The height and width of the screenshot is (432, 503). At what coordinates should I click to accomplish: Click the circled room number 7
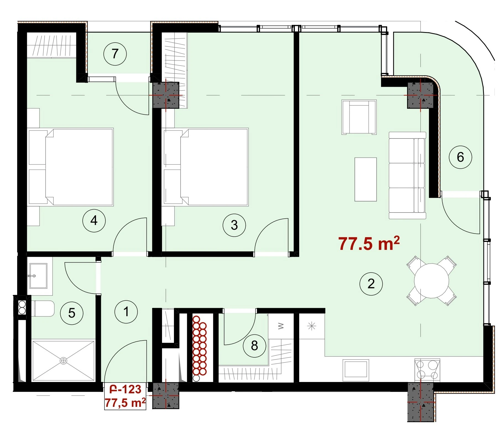tap(115, 54)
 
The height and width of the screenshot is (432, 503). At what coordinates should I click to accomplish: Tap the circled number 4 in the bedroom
tap(94, 221)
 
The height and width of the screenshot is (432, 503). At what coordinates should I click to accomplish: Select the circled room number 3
tap(234, 225)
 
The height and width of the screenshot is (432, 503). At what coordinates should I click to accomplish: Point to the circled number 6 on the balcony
tap(460, 157)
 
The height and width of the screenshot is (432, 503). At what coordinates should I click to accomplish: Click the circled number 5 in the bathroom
tap(72, 313)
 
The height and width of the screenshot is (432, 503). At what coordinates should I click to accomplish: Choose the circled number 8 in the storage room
tap(254, 345)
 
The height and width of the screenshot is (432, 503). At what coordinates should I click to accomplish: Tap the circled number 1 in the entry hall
tap(126, 312)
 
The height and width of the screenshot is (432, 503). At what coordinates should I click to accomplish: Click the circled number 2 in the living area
tap(371, 284)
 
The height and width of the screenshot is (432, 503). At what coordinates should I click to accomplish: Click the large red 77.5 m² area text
tap(369, 244)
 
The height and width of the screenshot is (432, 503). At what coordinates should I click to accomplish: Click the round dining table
tap(431, 281)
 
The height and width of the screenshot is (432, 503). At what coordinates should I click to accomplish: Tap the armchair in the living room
tap(359, 117)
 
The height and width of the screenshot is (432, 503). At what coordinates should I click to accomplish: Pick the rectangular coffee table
tap(366, 179)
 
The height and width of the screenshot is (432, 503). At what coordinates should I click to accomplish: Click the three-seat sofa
tap(407, 176)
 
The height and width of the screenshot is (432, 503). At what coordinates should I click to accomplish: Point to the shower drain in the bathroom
tap(64, 360)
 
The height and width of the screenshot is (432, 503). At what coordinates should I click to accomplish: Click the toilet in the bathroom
tap(44, 308)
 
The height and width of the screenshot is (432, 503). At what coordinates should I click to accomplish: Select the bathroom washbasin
tap(38, 276)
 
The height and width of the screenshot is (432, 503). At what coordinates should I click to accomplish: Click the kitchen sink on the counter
tap(356, 370)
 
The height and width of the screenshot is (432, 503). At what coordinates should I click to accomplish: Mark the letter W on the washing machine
tap(281, 326)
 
